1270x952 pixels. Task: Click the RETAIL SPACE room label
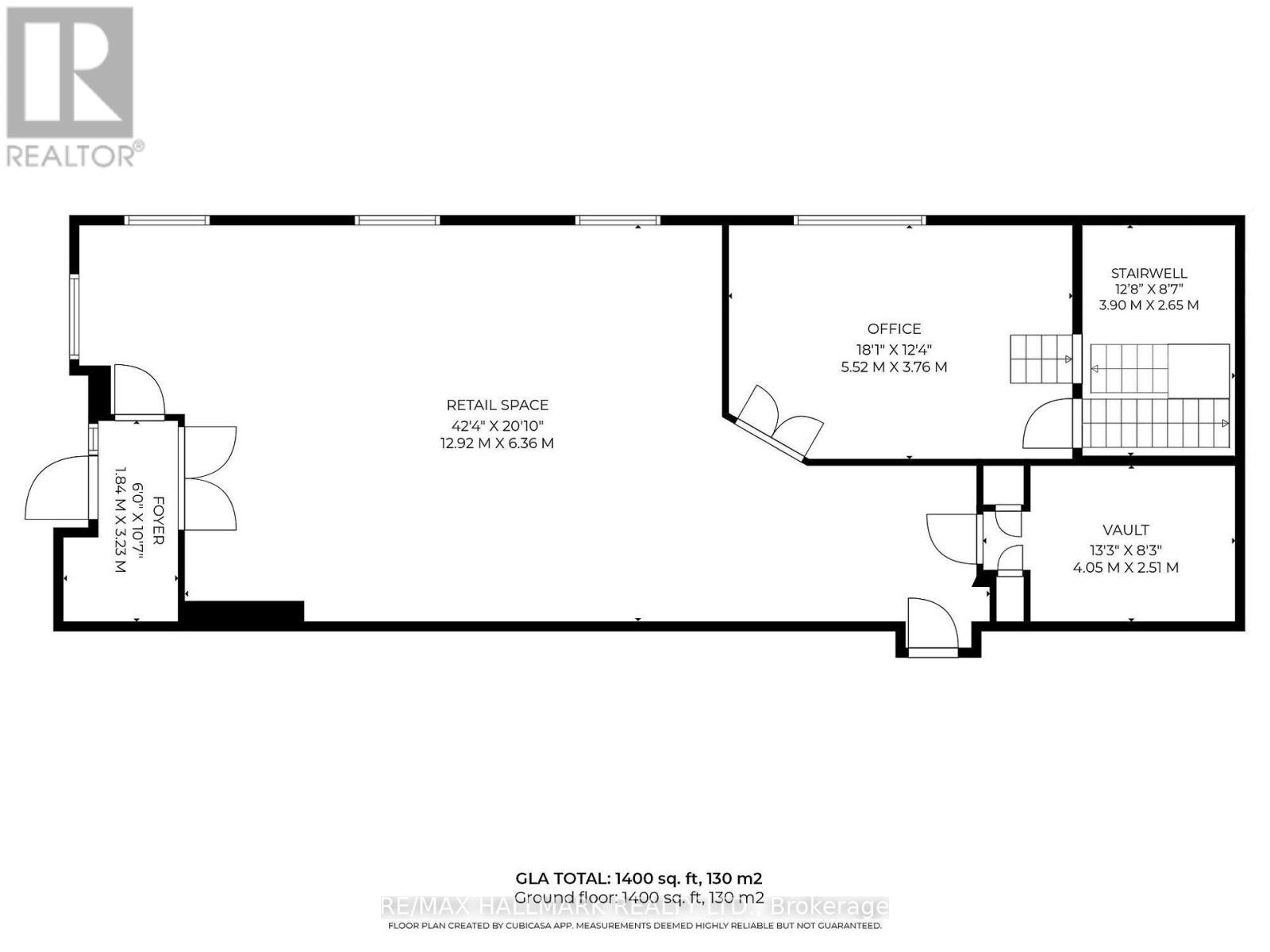[x=497, y=405]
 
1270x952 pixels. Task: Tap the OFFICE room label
[x=894, y=328]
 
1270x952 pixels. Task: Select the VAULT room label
[x=1126, y=530]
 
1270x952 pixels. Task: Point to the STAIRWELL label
[x=1149, y=273]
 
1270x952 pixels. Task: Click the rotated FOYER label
[x=158, y=520]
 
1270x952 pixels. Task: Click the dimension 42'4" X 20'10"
[x=497, y=424]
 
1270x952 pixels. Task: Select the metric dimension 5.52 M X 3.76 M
[x=894, y=367]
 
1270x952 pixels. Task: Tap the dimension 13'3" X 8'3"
[x=1126, y=549]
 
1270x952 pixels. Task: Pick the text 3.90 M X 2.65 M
[x=1149, y=305]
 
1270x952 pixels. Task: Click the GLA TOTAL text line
[x=639, y=878]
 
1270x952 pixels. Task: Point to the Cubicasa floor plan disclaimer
[x=634, y=926]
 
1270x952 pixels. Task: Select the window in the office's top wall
[x=860, y=220]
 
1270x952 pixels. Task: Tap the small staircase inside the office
[x=1040, y=359]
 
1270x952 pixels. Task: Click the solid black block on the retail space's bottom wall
[x=243, y=611]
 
